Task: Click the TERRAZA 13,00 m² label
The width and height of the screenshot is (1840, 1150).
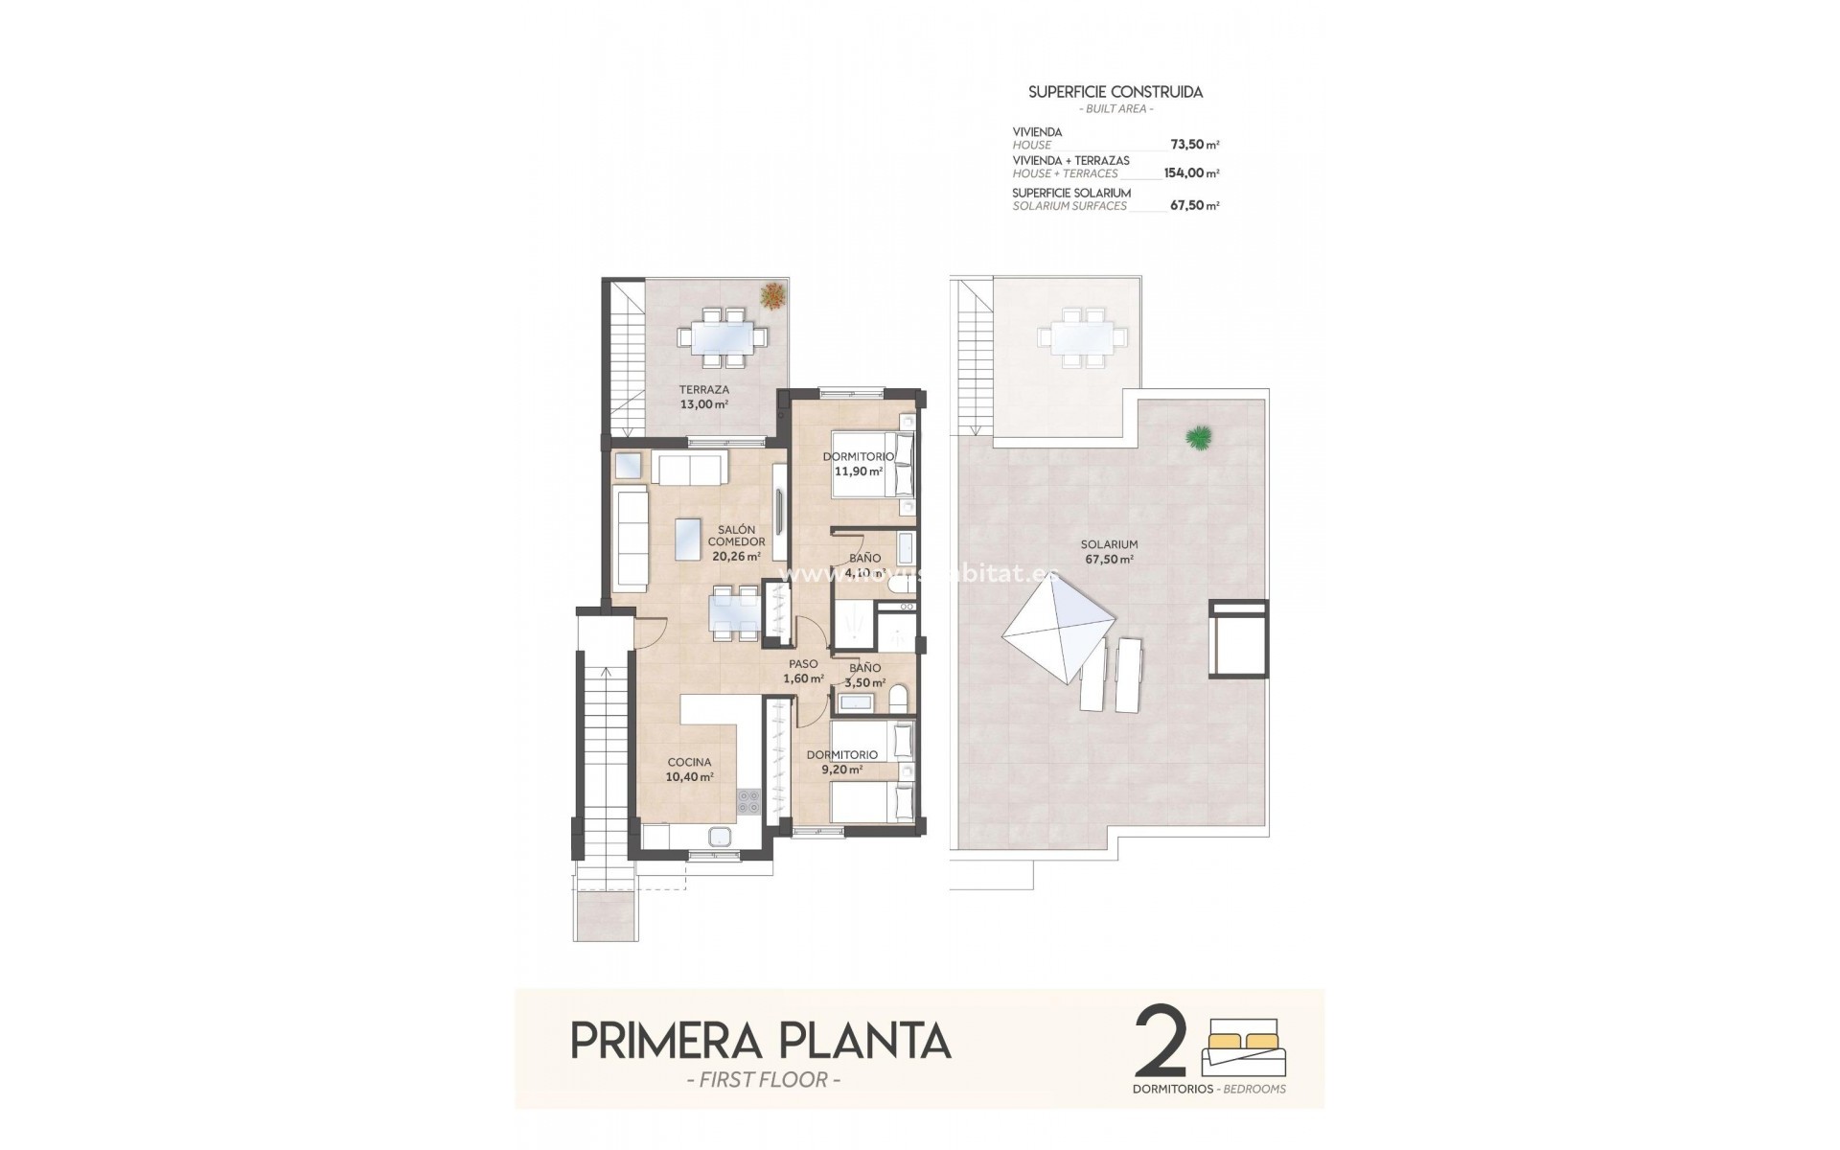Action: coord(703,397)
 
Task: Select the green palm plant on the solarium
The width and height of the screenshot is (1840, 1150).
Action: coord(1197,438)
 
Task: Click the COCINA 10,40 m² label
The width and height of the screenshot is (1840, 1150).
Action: coord(690,770)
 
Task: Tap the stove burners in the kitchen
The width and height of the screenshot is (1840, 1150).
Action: coord(747,801)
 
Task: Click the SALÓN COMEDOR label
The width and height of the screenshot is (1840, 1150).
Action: coord(735,542)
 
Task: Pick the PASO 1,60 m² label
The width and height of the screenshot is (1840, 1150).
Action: coord(803,671)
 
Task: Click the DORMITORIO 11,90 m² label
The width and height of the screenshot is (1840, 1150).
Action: coord(858,464)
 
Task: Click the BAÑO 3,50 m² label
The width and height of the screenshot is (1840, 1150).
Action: coord(864,675)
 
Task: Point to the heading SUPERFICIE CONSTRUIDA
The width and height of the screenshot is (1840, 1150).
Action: coord(1115,92)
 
